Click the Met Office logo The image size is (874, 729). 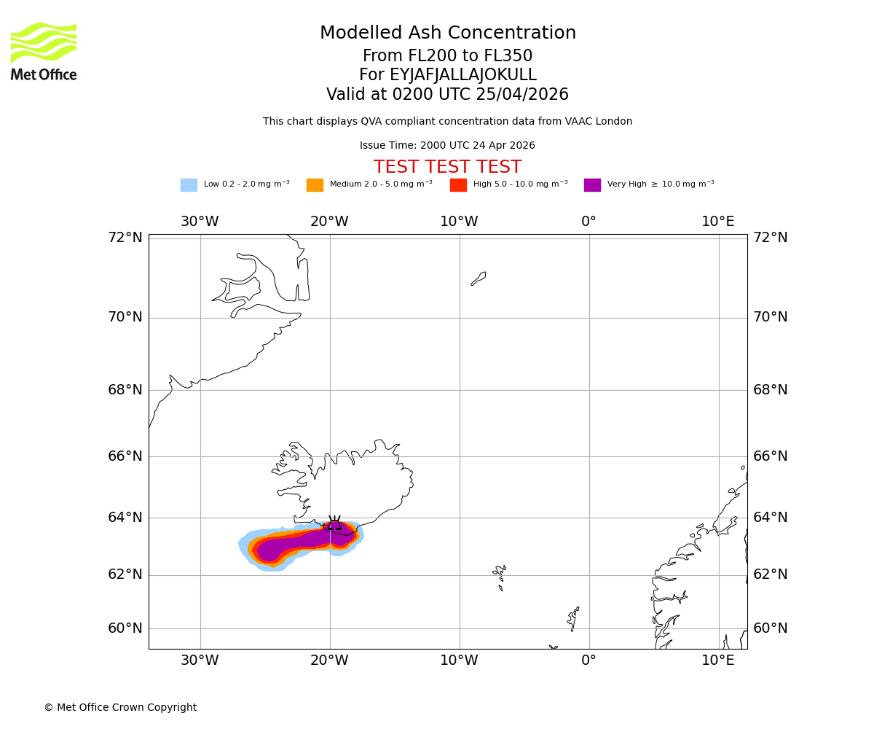(44, 51)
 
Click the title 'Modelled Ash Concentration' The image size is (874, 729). (447, 34)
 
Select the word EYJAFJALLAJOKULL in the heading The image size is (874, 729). (447, 75)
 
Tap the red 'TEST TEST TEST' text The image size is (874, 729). (447, 167)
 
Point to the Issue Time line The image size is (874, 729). (447, 146)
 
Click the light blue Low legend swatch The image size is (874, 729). (189, 185)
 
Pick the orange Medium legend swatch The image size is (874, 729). (315, 185)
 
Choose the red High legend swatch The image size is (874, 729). (458, 185)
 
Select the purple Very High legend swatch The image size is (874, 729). (592, 185)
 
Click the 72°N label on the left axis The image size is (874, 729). (125, 238)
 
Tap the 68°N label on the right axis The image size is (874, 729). (771, 390)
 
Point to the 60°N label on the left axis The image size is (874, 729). (125, 628)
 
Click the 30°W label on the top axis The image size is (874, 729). (200, 222)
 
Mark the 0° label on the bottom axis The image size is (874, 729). (588, 660)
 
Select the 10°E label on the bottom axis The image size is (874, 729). (718, 660)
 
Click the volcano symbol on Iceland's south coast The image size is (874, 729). (334, 523)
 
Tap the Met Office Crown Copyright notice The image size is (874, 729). (120, 708)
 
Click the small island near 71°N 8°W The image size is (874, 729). (479, 278)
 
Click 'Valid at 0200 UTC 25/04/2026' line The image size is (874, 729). (447, 95)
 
